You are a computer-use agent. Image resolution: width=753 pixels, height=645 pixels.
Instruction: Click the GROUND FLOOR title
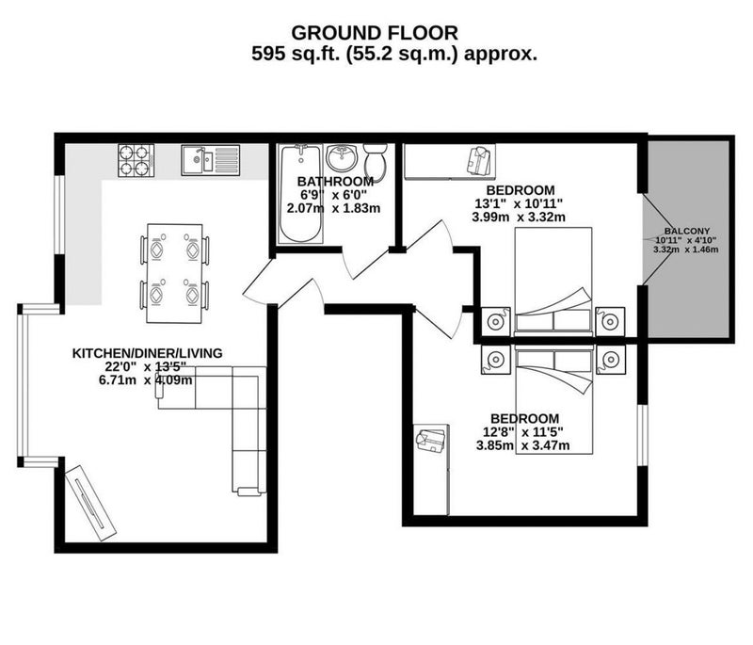coord(375,33)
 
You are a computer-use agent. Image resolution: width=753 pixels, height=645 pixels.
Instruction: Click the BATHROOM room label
coord(335,182)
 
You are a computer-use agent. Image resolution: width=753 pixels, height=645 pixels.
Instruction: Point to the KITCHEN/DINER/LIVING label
coord(148,353)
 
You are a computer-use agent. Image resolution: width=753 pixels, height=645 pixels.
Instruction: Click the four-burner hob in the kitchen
coord(136,161)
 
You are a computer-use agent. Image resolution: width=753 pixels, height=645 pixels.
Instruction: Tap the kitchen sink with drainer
coord(210,160)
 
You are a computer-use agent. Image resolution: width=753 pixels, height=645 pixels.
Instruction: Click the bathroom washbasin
coord(342,157)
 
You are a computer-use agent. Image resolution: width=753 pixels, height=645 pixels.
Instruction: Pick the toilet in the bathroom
coord(375,161)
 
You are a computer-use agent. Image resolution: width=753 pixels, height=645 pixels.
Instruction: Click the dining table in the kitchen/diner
coord(174,273)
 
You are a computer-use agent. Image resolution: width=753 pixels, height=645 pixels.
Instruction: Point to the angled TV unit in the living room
coord(90,503)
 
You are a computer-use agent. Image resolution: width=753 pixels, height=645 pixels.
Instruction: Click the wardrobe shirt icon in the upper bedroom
coord(479,161)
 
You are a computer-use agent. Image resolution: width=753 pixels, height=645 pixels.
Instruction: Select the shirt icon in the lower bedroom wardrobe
coord(431,439)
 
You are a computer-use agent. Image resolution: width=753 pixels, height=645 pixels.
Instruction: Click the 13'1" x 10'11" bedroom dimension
coord(519,203)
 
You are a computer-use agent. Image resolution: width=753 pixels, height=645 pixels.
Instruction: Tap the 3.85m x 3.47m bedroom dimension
coord(522,445)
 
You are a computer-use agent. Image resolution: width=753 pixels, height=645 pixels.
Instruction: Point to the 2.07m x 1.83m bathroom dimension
coord(333,208)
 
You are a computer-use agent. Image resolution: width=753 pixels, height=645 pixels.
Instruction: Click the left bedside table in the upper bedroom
coord(495,321)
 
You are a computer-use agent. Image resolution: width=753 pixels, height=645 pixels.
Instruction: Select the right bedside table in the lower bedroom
coord(610,360)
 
